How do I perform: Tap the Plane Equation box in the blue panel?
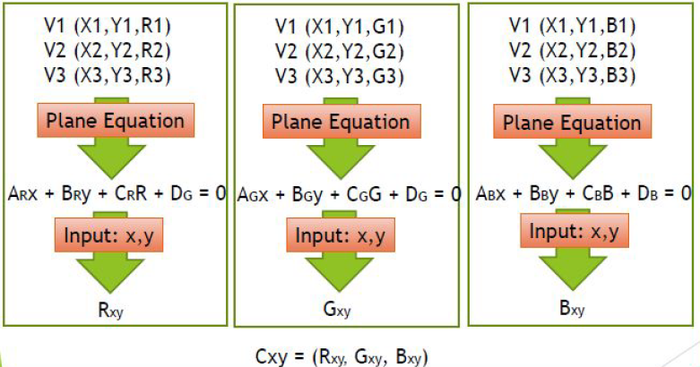point(578,122)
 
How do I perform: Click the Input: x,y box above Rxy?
point(114,236)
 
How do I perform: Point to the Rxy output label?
point(116,313)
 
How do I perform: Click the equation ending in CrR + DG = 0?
point(115,192)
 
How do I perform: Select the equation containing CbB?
point(578,192)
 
